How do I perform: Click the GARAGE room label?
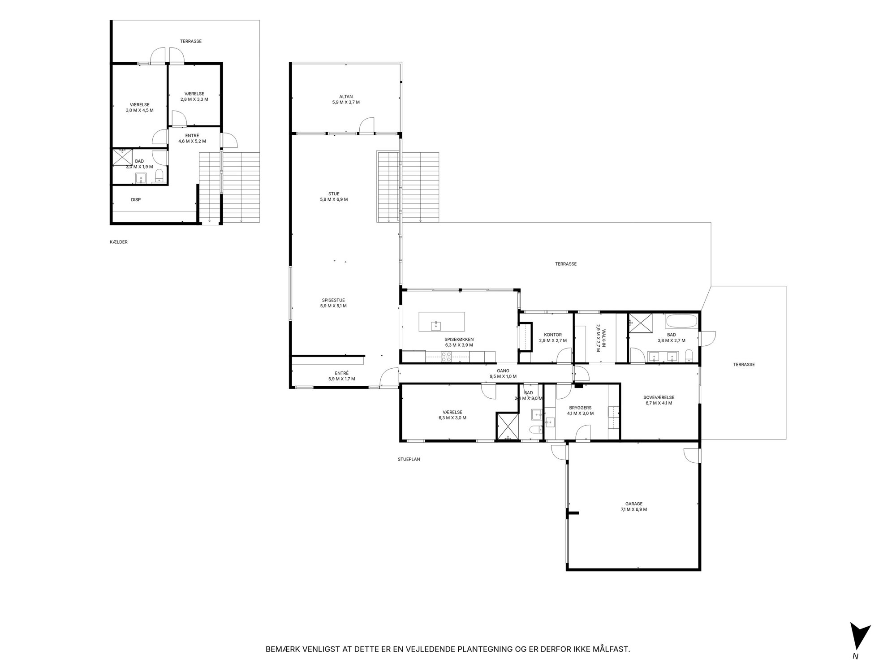[x=633, y=504]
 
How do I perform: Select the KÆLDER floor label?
[x=119, y=242]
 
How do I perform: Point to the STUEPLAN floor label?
[x=409, y=459]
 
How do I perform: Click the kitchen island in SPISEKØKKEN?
[x=442, y=322]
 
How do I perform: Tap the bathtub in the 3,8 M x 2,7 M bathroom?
[x=681, y=321]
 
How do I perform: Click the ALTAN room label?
[x=346, y=96]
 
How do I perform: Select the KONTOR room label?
[x=553, y=335]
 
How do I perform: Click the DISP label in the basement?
[x=136, y=199]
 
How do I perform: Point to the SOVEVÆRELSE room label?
[x=659, y=397]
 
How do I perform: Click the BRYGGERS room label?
[x=580, y=408]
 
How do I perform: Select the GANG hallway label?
[x=503, y=370]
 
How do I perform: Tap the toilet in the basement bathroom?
[x=159, y=177]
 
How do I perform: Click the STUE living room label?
[x=334, y=194]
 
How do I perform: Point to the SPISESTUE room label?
[x=333, y=300]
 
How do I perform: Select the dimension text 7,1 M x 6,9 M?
[x=633, y=509]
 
